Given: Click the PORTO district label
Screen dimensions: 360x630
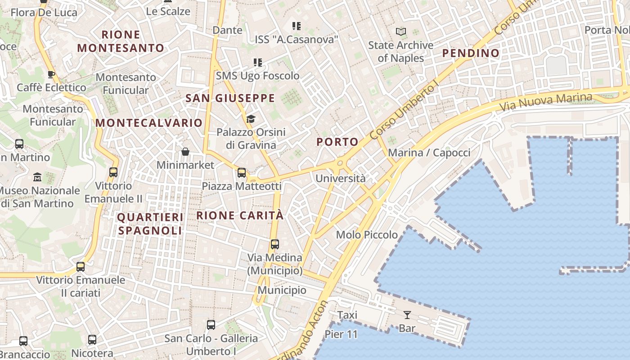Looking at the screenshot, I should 337,142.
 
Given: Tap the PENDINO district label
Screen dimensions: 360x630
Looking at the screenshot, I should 471,53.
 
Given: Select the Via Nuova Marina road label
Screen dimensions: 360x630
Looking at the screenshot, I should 546,102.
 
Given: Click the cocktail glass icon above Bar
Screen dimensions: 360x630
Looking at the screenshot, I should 407,315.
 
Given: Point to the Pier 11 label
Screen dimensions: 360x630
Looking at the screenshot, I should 341,334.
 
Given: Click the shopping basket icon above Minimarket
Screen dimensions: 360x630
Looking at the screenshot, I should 185,152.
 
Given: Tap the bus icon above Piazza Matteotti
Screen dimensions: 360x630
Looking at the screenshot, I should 242,173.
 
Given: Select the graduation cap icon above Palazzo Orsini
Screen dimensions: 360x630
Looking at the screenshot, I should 251,119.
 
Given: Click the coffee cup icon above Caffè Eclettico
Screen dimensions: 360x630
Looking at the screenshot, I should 51,74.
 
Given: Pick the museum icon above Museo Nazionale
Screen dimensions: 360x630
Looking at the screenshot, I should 37,177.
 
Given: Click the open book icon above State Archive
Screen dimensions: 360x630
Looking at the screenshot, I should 401,32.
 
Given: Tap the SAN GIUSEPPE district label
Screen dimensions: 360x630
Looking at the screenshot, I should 230,99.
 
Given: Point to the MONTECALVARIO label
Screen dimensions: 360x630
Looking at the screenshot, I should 149,123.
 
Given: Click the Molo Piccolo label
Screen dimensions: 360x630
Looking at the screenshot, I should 367,234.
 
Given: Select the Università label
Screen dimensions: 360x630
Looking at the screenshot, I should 341,178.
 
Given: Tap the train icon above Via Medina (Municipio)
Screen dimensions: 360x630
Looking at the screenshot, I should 274,244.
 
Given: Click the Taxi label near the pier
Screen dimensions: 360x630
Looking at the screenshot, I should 347,315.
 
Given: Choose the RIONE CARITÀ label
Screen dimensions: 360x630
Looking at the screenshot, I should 240,216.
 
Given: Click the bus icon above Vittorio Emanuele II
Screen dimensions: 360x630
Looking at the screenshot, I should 113,172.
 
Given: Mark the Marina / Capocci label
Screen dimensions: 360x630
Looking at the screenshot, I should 429,153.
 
